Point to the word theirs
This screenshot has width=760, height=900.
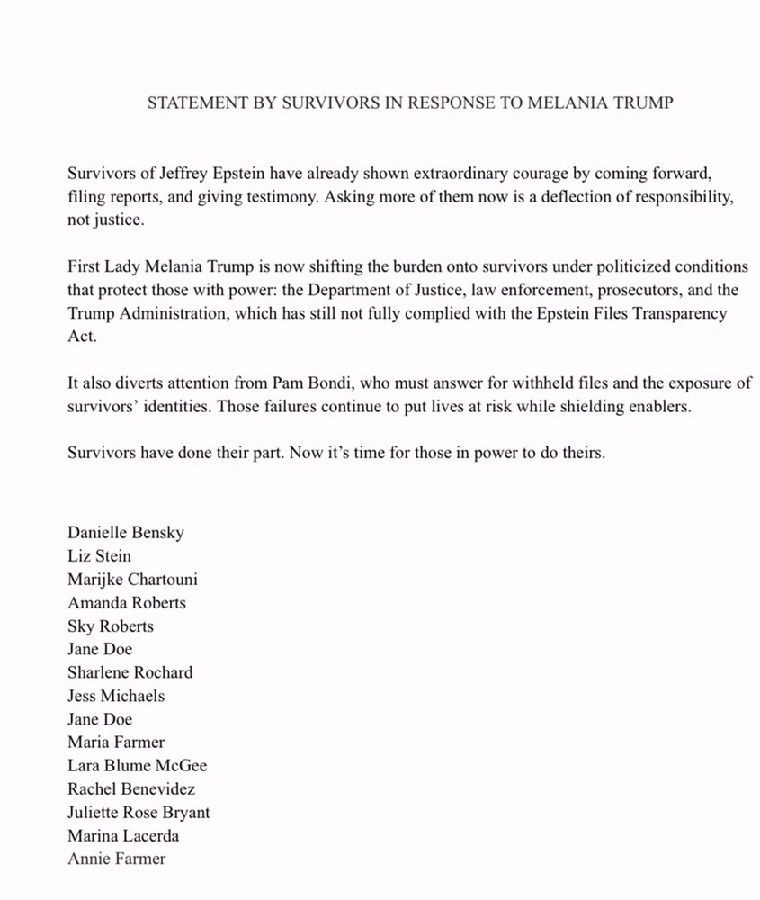580,453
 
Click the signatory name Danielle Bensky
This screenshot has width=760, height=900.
126,533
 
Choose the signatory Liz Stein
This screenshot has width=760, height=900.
99,556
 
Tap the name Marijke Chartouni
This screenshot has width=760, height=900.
132,580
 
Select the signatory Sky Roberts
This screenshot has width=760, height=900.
110,626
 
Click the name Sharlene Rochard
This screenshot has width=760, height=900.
130,672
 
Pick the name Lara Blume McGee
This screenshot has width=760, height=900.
137,766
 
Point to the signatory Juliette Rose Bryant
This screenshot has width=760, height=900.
139,813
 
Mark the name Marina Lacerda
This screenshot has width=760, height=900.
122,836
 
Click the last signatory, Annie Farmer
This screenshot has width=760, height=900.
116,859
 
